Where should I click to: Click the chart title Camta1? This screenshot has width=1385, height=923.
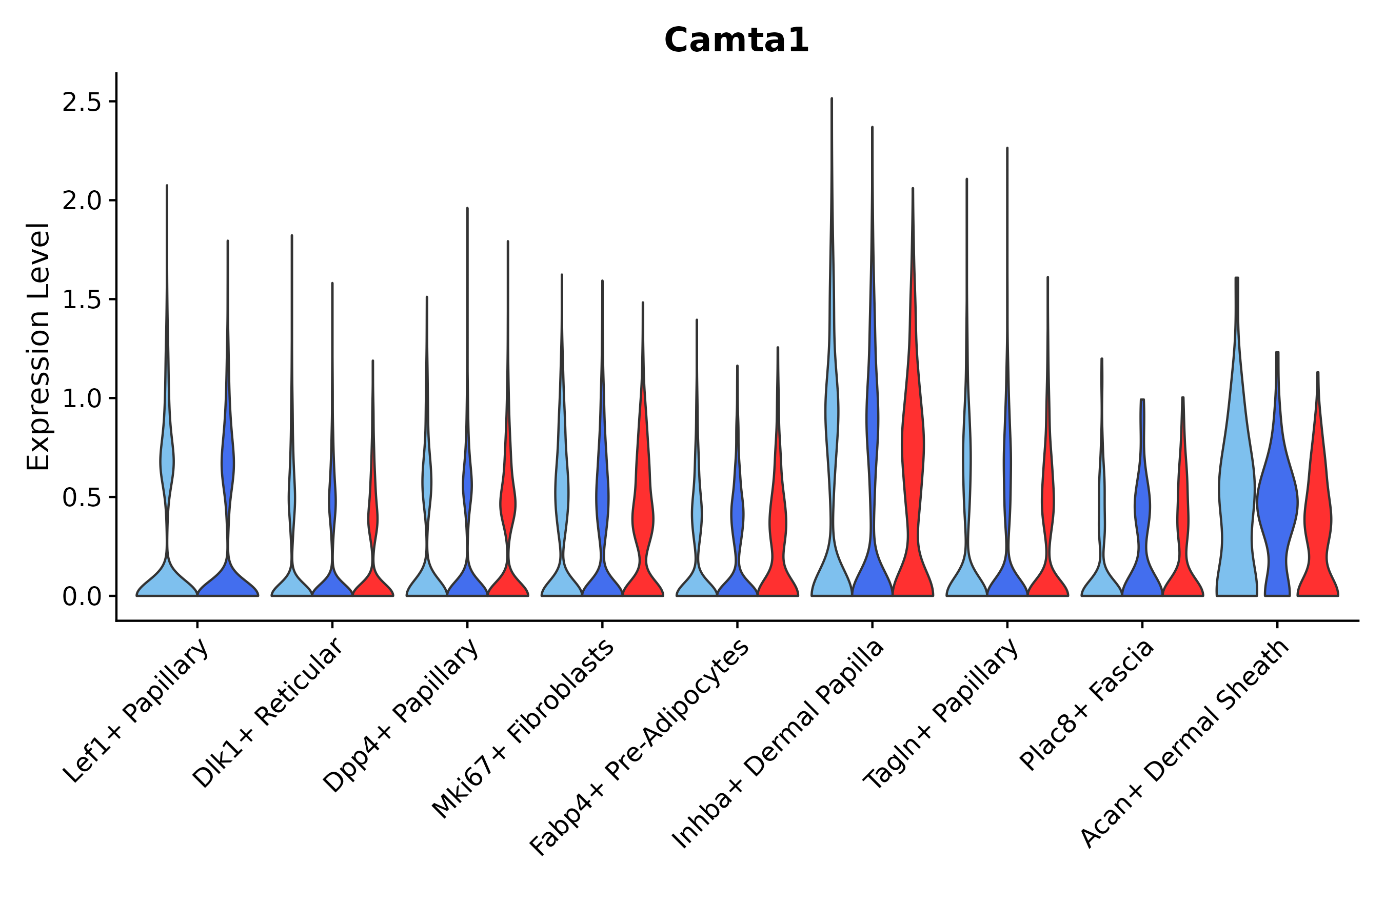coord(736,41)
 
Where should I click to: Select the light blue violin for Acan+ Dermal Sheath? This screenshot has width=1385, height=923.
coord(1237,500)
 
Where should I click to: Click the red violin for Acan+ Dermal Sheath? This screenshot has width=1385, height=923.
coord(1318,518)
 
